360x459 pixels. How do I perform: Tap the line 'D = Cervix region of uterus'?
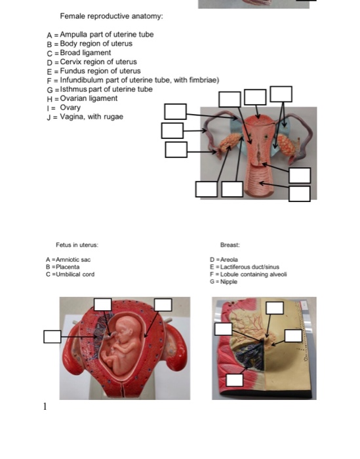pyautogui.click(x=91, y=62)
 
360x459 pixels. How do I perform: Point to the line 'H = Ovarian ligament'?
pyautogui.click(x=82, y=98)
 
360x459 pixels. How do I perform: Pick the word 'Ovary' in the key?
pyautogui.click(x=70, y=108)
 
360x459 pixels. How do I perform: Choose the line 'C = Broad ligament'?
pyautogui.click(x=78, y=52)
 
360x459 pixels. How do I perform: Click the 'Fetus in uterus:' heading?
pyautogui.click(x=77, y=245)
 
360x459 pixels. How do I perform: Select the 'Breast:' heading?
pyautogui.click(x=230, y=245)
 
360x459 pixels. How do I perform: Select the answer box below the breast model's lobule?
pyautogui.click(x=235, y=380)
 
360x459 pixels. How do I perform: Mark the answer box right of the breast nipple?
pyautogui.click(x=293, y=335)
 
